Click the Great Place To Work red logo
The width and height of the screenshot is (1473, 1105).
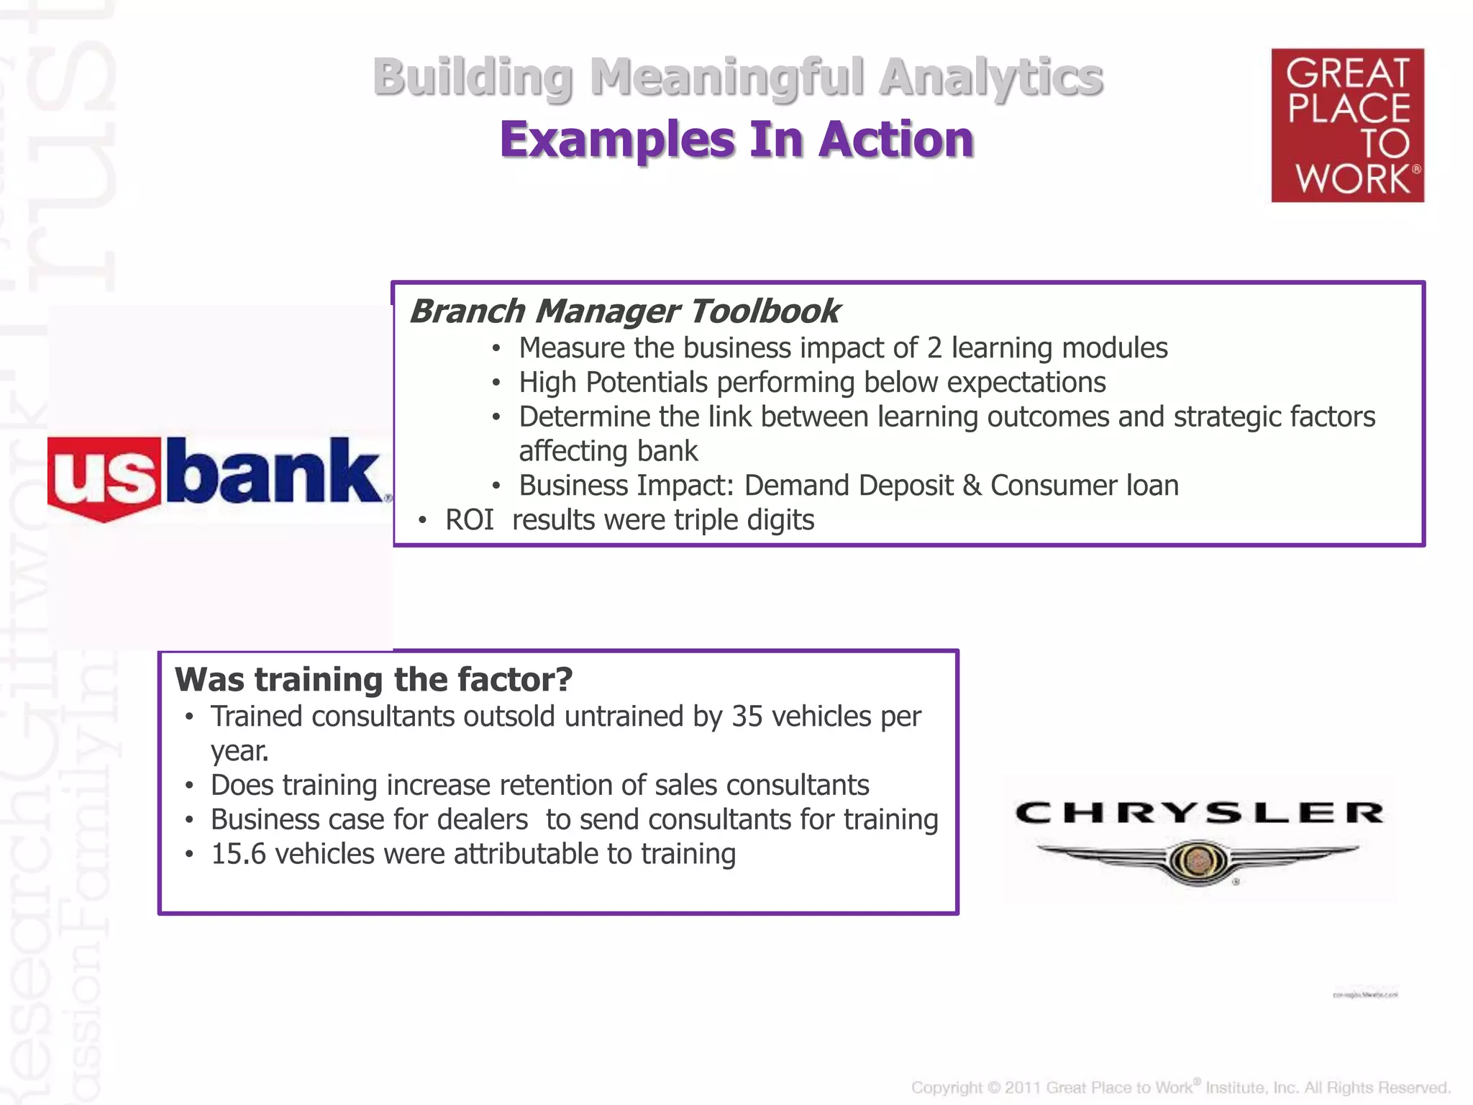pyautogui.click(x=1347, y=125)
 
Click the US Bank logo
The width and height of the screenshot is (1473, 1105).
pyautogui.click(x=216, y=476)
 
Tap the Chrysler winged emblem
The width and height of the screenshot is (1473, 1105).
pyautogui.click(x=1198, y=860)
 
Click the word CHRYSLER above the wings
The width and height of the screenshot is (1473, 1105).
pyautogui.click(x=1199, y=813)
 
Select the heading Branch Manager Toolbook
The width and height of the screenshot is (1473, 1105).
pyautogui.click(x=624, y=312)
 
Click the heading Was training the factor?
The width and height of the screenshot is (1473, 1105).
pyautogui.click(x=373, y=679)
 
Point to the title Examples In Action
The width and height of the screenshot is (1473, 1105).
pyautogui.click(x=736, y=139)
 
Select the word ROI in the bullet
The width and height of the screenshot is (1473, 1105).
pyautogui.click(x=469, y=520)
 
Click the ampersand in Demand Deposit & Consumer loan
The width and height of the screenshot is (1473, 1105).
pyautogui.click(x=972, y=486)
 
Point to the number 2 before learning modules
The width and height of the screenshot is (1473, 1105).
pyautogui.click(x=934, y=348)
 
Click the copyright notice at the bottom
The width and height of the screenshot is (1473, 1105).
pyautogui.click(x=1180, y=1087)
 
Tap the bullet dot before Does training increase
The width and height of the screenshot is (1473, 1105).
pyautogui.click(x=189, y=786)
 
